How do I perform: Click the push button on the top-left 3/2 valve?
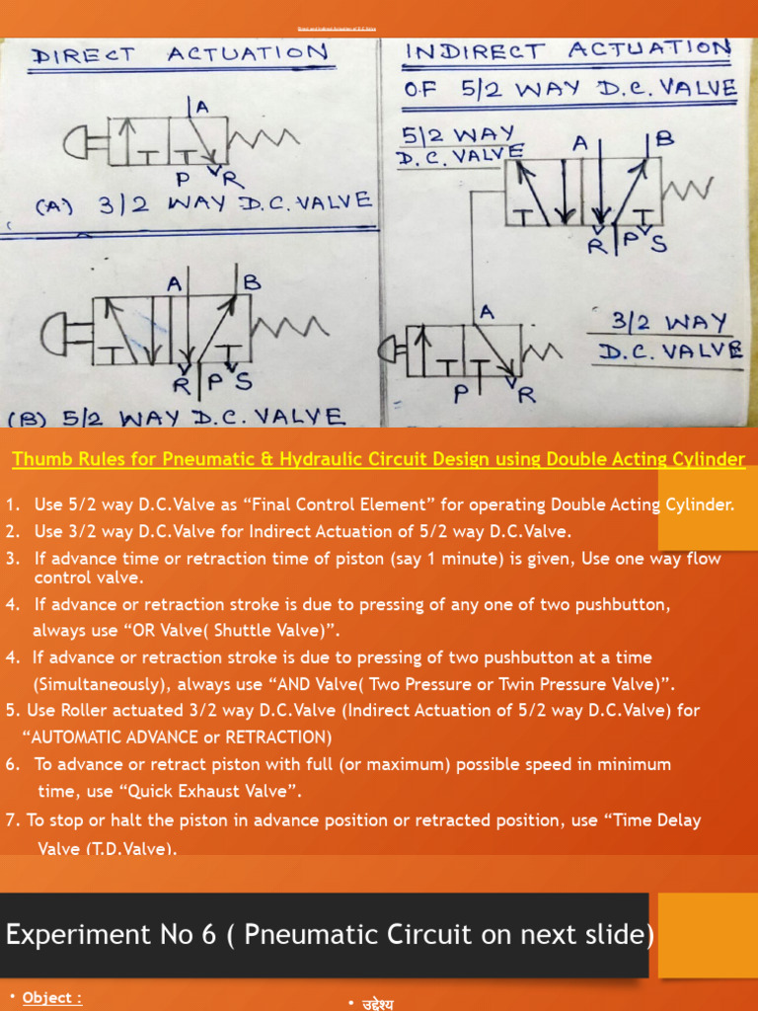(x=85, y=146)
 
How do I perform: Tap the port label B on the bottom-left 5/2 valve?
(x=252, y=282)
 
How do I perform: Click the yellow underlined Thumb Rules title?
(x=378, y=459)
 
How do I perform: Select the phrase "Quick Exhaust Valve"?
(x=225, y=791)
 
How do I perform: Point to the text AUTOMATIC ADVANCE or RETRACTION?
(x=178, y=737)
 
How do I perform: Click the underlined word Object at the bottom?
(x=52, y=997)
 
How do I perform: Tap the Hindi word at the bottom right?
(x=376, y=1003)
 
